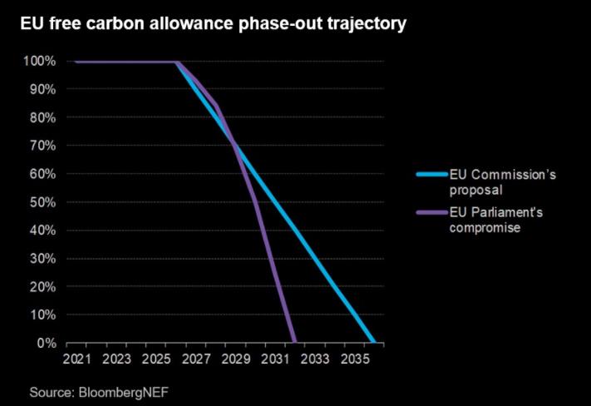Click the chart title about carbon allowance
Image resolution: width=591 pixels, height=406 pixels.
pyautogui.click(x=213, y=24)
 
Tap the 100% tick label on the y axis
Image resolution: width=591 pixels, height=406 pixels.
pyautogui.click(x=39, y=62)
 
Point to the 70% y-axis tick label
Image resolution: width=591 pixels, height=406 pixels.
pyautogui.click(x=42, y=146)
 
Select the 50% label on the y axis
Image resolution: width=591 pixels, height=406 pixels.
pyautogui.click(x=42, y=202)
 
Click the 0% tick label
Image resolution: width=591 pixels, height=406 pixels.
pyautogui.click(x=45, y=343)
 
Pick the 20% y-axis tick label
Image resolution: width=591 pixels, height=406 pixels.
pyautogui.click(x=42, y=287)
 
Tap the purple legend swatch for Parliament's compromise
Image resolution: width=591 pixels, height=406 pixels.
pyautogui.click(x=430, y=212)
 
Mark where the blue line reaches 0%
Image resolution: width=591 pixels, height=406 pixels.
pyautogui.click(x=374, y=342)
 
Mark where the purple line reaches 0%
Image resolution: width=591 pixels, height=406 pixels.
pyautogui.click(x=294, y=342)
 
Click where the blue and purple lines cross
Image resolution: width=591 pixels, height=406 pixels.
pyautogui.click(x=235, y=146)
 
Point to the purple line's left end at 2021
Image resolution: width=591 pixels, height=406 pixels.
pyautogui.click(x=76, y=62)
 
